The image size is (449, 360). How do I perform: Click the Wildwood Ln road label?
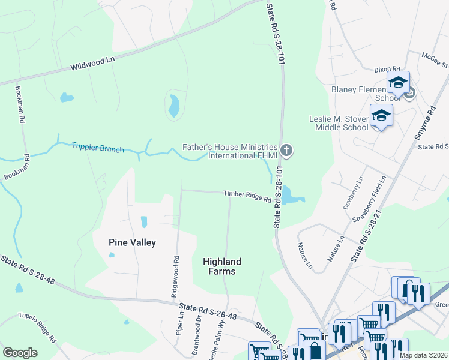coord(92,63)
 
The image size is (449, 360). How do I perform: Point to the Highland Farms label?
coord(221,266)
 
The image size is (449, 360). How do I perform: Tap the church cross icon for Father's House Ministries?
coord(287,150)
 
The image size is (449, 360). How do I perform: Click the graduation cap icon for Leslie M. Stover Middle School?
coord(381,114)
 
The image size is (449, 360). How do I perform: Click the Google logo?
coord(20,353)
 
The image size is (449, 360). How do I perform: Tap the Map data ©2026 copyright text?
coord(423,355)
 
